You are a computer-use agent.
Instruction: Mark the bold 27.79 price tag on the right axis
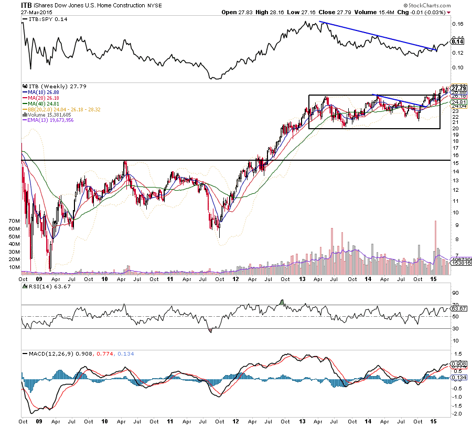[x=459, y=87]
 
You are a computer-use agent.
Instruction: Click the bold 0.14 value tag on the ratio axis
[x=458, y=41]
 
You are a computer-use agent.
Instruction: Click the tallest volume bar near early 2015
[x=435, y=247]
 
